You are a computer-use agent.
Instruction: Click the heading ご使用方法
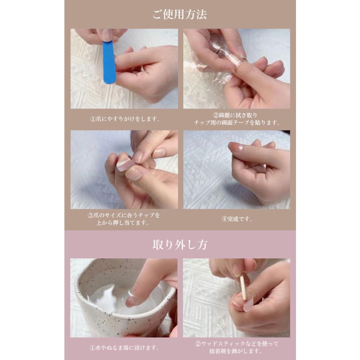[x=180, y=14]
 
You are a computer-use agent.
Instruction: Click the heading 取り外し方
[x=180, y=245]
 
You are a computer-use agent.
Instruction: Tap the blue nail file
[x=109, y=62]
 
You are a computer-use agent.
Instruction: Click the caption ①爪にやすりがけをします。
[x=125, y=119]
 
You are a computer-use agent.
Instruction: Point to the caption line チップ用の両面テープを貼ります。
[x=237, y=123]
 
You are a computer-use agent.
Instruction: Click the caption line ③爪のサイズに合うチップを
[x=124, y=215]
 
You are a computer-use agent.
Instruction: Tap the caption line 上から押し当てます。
[x=123, y=223]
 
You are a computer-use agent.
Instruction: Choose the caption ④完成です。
[x=237, y=219]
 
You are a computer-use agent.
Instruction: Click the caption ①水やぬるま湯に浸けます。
[x=124, y=348]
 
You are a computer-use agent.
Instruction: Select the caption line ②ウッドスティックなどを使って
[x=237, y=344]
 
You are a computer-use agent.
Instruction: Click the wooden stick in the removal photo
[x=243, y=288]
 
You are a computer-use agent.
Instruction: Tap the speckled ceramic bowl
[x=124, y=298]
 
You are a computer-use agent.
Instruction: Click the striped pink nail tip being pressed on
[x=125, y=165]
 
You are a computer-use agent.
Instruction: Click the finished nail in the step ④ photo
[x=236, y=146]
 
